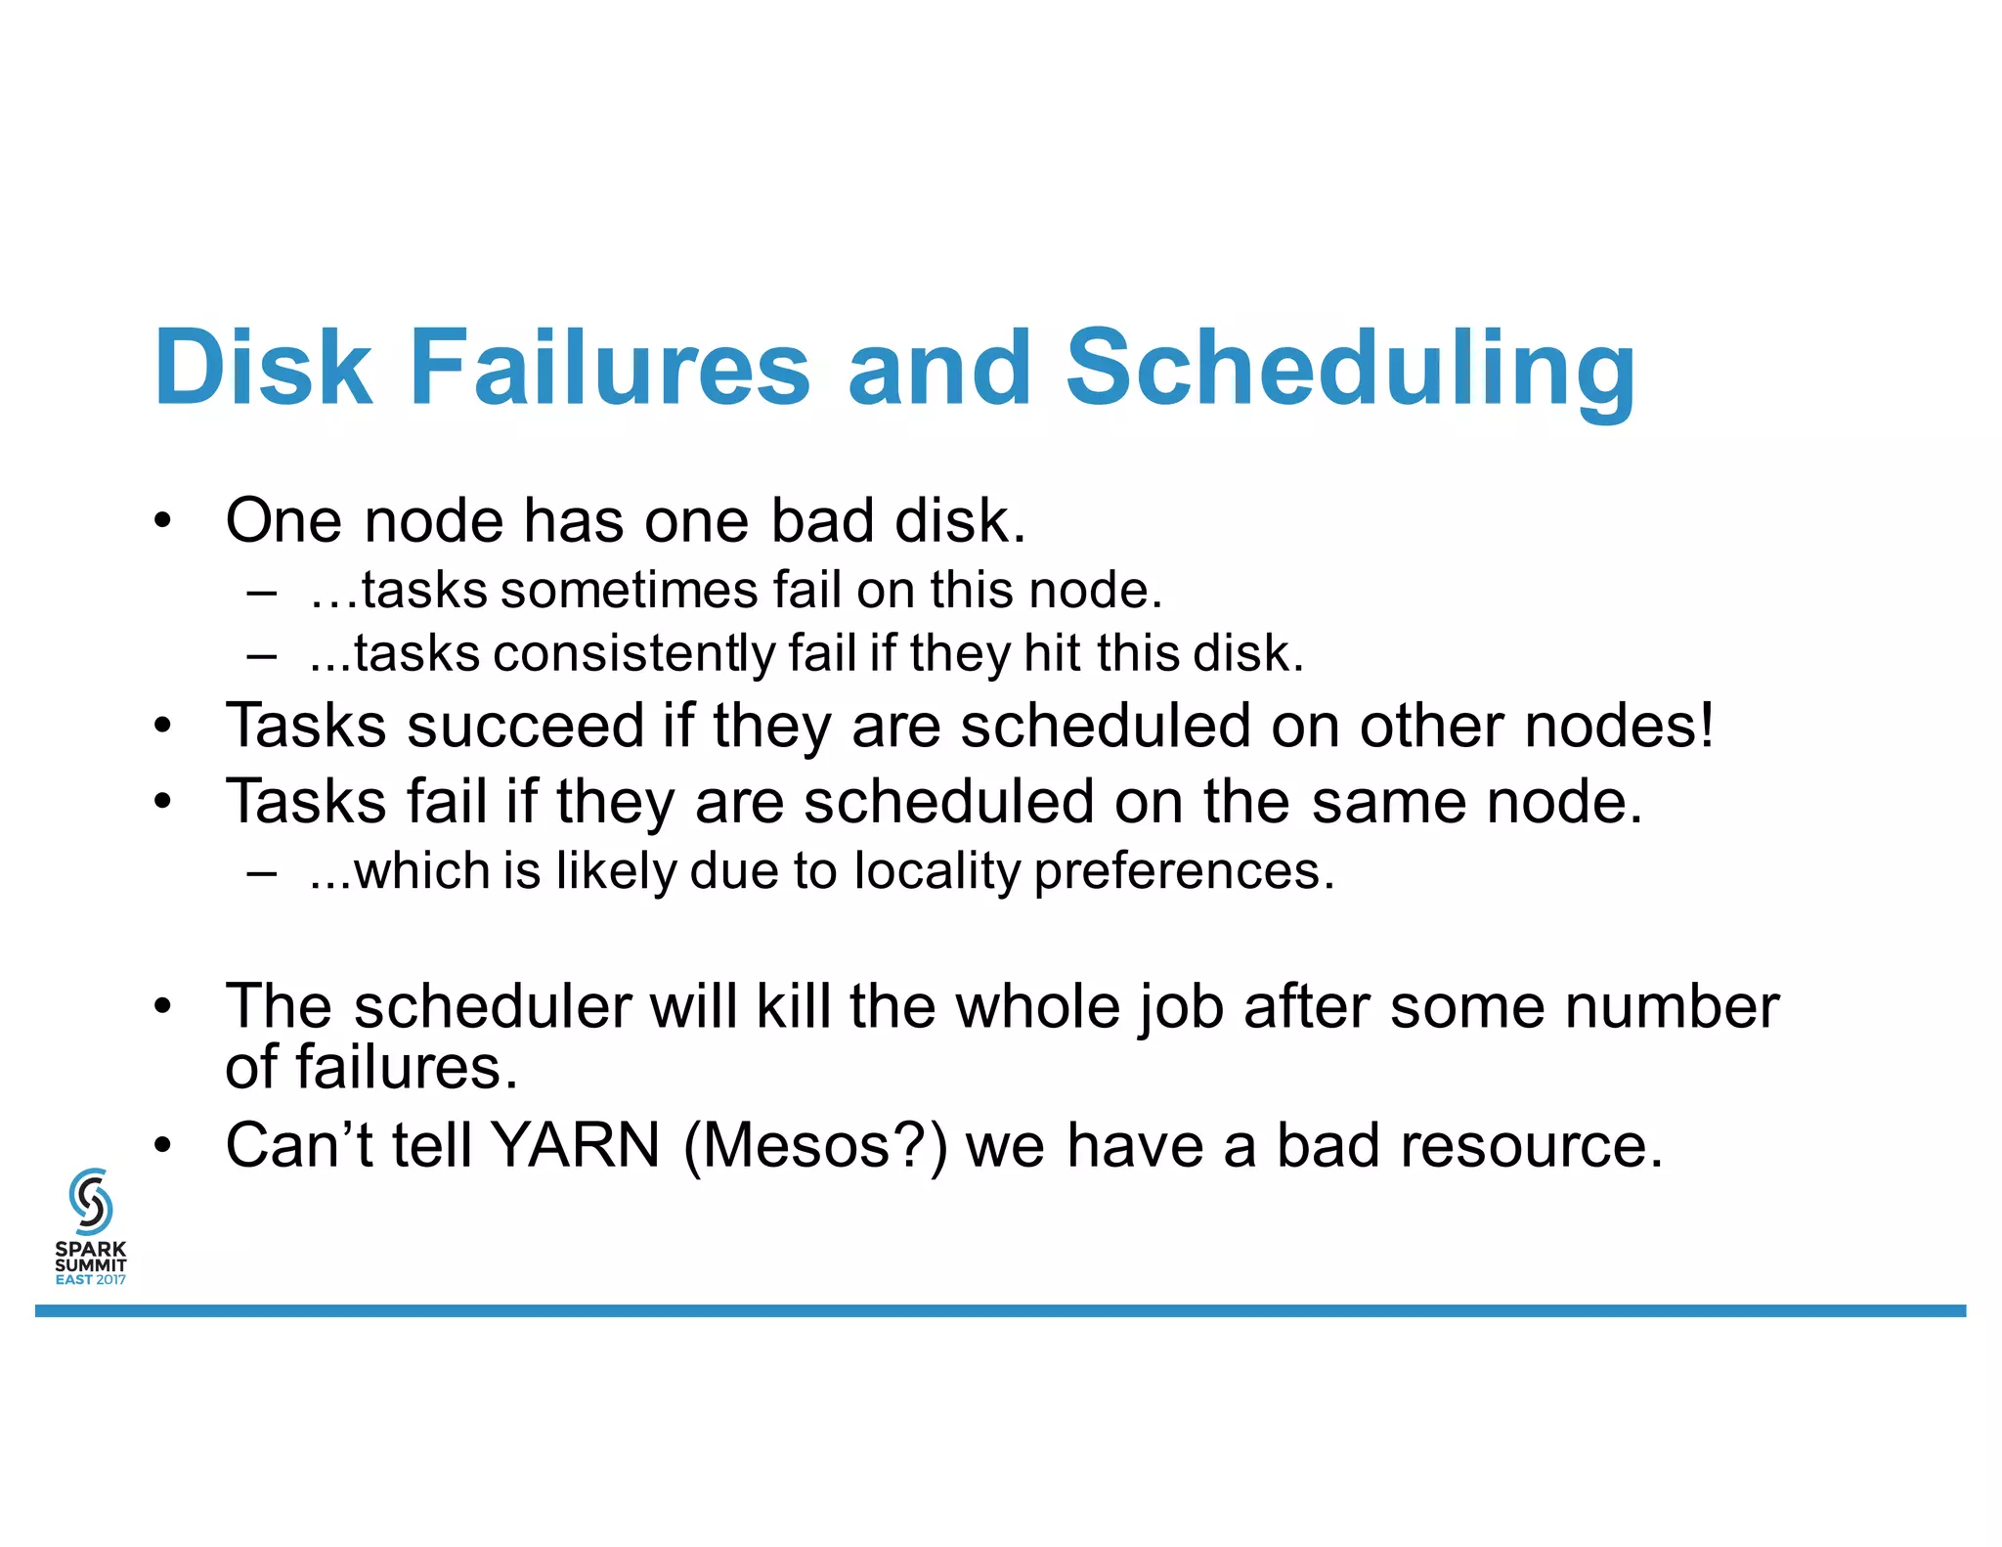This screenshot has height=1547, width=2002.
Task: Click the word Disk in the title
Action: pos(263,368)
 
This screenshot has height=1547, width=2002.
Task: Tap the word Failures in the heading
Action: pos(610,368)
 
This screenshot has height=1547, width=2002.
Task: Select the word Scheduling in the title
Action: pos(1349,368)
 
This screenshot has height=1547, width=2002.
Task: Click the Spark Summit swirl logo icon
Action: pos(91,1201)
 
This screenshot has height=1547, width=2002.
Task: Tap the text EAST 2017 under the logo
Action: pos(91,1279)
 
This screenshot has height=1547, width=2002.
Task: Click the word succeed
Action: pos(526,726)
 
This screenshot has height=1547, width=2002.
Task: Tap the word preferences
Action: pos(1183,870)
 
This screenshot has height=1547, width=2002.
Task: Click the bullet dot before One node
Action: pos(162,521)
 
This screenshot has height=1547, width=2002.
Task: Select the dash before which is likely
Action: pos(261,871)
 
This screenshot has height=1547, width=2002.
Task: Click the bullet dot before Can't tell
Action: pos(162,1145)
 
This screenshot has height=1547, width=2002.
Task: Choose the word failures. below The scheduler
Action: pos(406,1067)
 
